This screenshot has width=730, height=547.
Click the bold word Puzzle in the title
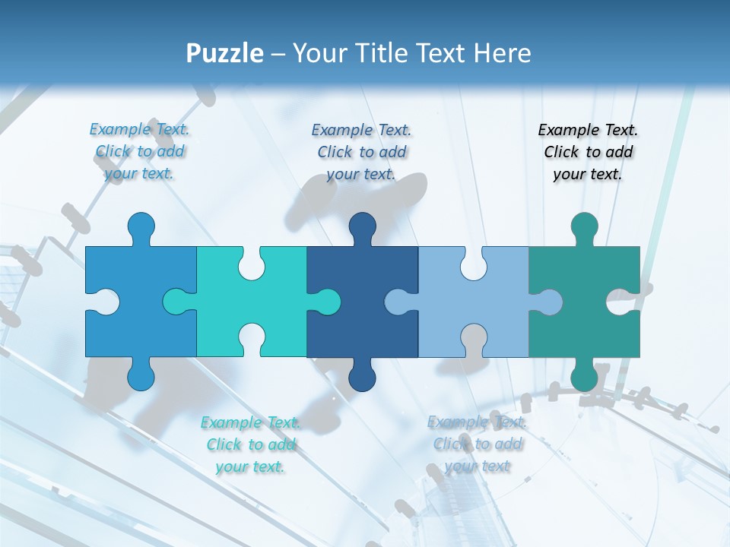225,53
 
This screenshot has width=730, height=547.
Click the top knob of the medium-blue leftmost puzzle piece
141,226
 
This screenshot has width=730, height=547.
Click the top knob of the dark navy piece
363,226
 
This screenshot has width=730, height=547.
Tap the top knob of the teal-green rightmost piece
584,226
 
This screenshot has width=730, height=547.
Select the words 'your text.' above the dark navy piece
361,174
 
